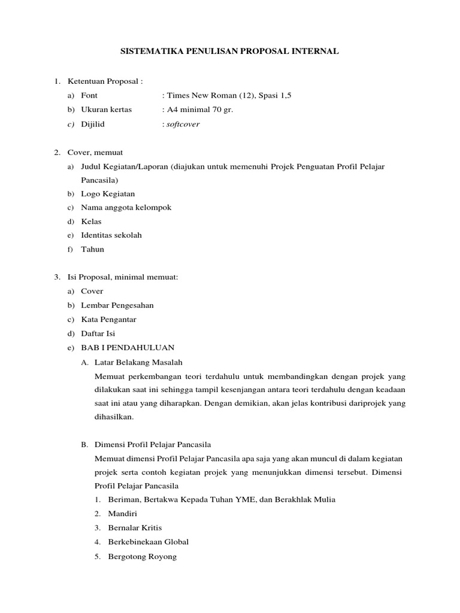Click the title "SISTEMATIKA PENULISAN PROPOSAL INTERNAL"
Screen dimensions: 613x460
(x=230, y=52)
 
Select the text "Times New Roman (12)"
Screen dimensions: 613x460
(x=204, y=96)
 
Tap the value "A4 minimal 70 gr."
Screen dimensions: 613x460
(x=197, y=110)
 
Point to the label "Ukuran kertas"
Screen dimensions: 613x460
(x=107, y=110)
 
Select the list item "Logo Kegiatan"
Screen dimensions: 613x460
(x=108, y=194)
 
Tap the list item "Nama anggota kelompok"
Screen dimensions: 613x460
(x=126, y=208)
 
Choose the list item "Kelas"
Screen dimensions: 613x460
(x=92, y=221)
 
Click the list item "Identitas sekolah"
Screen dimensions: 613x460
(x=111, y=235)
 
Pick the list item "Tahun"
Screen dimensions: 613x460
(x=93, y=249)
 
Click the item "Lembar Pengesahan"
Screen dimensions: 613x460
(x=117, y=305)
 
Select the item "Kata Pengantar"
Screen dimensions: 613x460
(x=109, y=320)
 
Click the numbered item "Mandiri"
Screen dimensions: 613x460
(x=122, y=514)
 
